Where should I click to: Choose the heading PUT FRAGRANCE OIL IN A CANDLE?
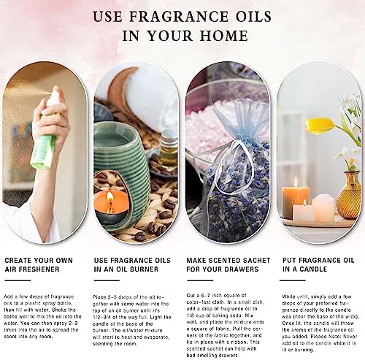click(313, 264)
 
